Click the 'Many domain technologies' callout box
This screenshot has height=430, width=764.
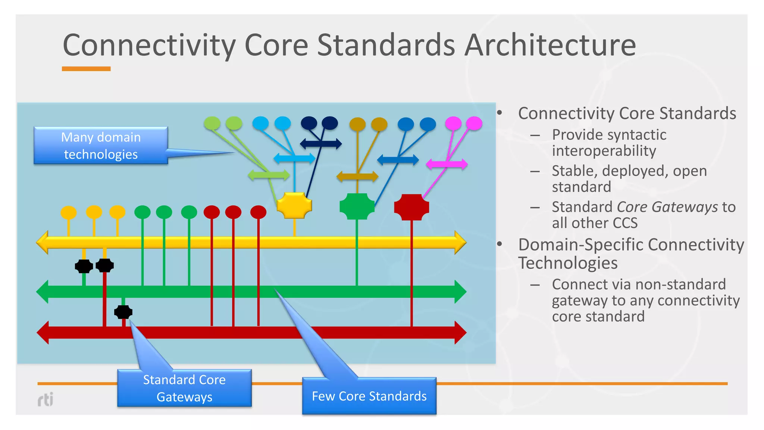[101, 146]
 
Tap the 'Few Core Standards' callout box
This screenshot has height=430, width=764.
[369, 396]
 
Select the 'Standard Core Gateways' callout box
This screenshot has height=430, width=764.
[184, 388]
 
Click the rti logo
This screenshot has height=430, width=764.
[46, 399]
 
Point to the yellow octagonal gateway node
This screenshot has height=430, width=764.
[294, 205]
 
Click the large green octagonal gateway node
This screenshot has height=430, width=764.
[357, 206]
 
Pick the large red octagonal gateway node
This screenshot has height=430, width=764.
[411, 207]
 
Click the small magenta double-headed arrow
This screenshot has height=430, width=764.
[447, 164]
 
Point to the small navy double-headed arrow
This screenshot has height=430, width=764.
[321, 144]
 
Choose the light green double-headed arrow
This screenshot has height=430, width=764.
[269, 175]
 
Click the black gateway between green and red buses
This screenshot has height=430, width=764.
[123, 312]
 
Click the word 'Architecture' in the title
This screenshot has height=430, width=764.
[550, 45]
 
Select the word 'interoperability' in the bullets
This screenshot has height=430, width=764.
[604, 151]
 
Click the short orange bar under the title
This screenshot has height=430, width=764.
[86, 69]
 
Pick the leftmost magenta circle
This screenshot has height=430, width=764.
[453, 123]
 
